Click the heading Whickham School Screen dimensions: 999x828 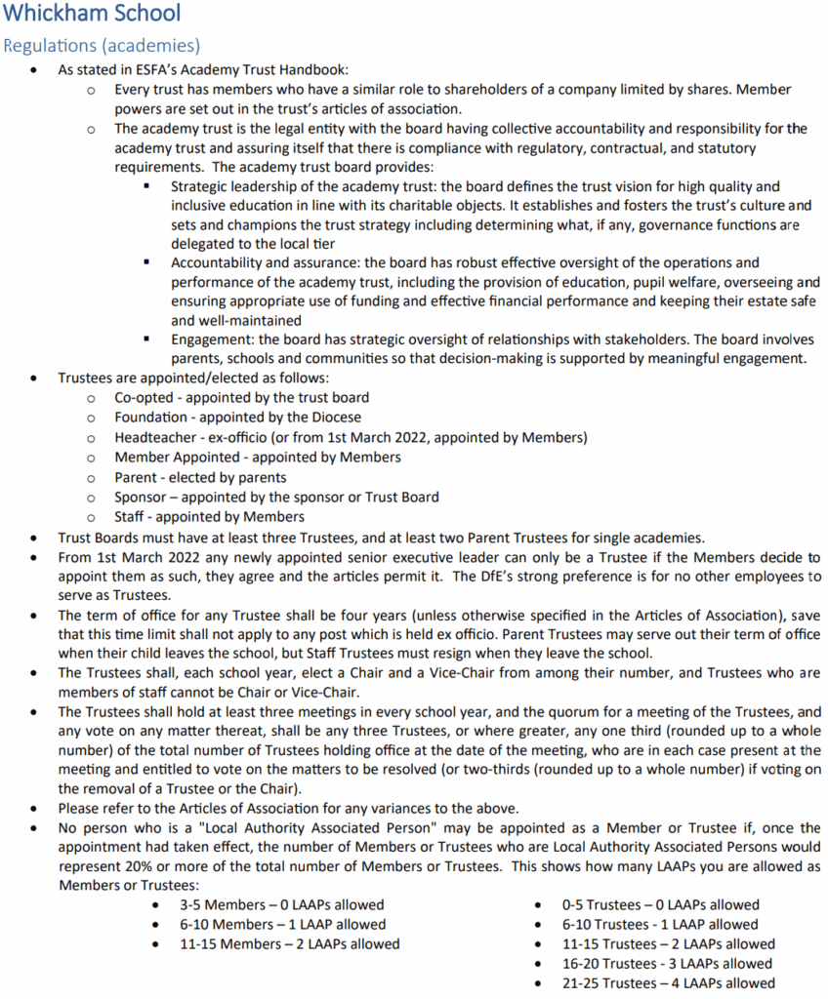[92, 15]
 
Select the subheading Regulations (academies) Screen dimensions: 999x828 [103, 46]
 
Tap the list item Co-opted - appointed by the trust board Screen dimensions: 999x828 [241, 397]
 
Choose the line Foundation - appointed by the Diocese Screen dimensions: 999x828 [236, 417]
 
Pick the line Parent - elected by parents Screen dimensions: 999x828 [200, 477]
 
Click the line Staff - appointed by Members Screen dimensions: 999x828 [209, 517]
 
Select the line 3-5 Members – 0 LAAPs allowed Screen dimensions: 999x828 [280, 904]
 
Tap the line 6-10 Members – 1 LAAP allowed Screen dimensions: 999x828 [281, 924]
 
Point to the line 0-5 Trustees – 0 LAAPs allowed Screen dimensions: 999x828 [660, 904]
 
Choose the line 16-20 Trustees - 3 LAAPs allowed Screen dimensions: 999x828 [668, 964]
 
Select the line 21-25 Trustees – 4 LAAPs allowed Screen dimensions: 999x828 [669, 983]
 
